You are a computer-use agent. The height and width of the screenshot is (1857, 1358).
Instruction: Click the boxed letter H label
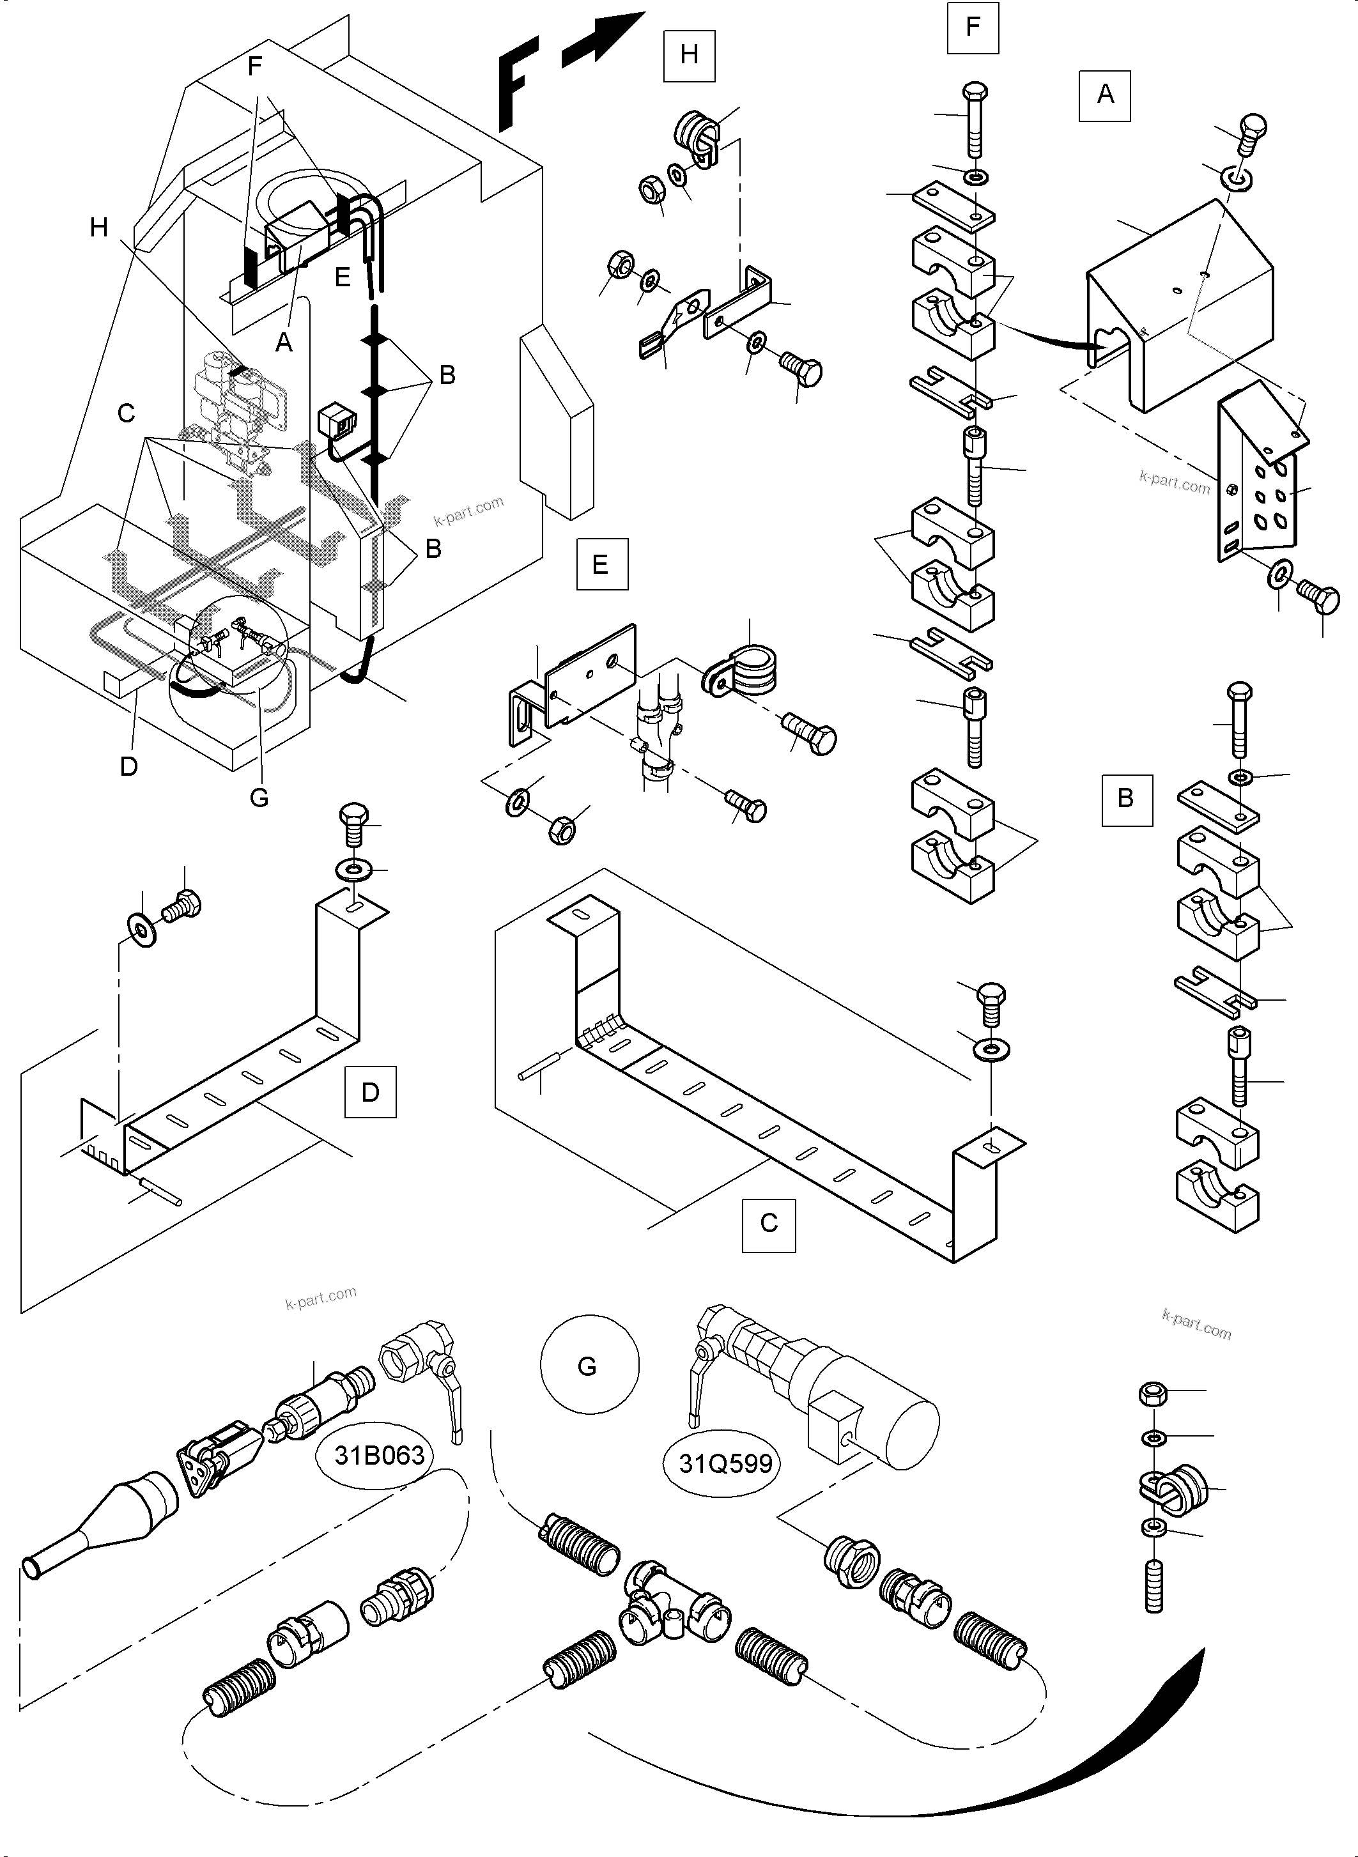[x=689, y=55]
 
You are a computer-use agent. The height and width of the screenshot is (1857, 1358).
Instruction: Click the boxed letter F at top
[x=973, y=27]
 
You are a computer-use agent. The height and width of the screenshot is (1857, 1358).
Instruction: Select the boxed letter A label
[x=1105, y=95]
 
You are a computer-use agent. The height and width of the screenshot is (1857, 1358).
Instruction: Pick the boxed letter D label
[x=370, y=1091]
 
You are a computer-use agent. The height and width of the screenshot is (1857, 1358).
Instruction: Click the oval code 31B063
[x=379, y=1456]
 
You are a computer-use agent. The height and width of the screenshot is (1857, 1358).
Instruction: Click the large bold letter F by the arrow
[x=516, y=82]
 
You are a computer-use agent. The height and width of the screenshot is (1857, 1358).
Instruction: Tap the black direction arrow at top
[x=604, y=40]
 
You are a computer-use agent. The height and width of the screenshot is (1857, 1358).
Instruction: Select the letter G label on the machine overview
[x=259, y=797]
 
